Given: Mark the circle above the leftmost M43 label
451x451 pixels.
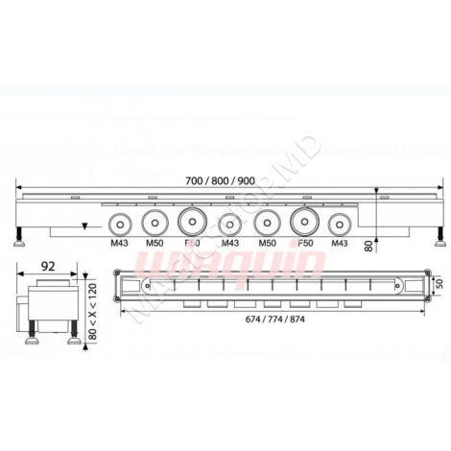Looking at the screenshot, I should coord(121,225).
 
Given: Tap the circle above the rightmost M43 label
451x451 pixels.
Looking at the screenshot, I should coord(338,225).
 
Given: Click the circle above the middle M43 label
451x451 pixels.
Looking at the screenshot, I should coord(229,225).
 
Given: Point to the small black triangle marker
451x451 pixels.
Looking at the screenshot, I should coord(86,226).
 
